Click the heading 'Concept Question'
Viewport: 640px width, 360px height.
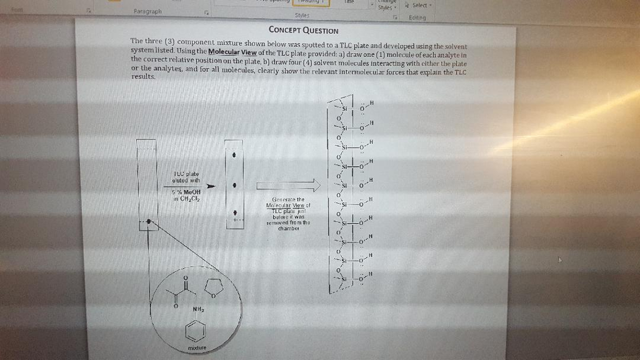click(303, 30)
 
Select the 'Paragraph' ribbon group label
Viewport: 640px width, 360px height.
click(147, 11)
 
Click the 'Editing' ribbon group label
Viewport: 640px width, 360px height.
click(417, 18)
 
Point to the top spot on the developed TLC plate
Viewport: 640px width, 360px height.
click(234, 153)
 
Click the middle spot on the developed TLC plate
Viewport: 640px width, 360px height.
click(234, 186)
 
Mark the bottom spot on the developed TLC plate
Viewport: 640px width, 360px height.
click(234, 212)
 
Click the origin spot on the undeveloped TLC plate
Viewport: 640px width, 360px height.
click(149, 221)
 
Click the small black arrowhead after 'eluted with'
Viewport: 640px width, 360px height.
click(211, 186)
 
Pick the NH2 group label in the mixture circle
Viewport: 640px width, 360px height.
click(198, 309)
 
